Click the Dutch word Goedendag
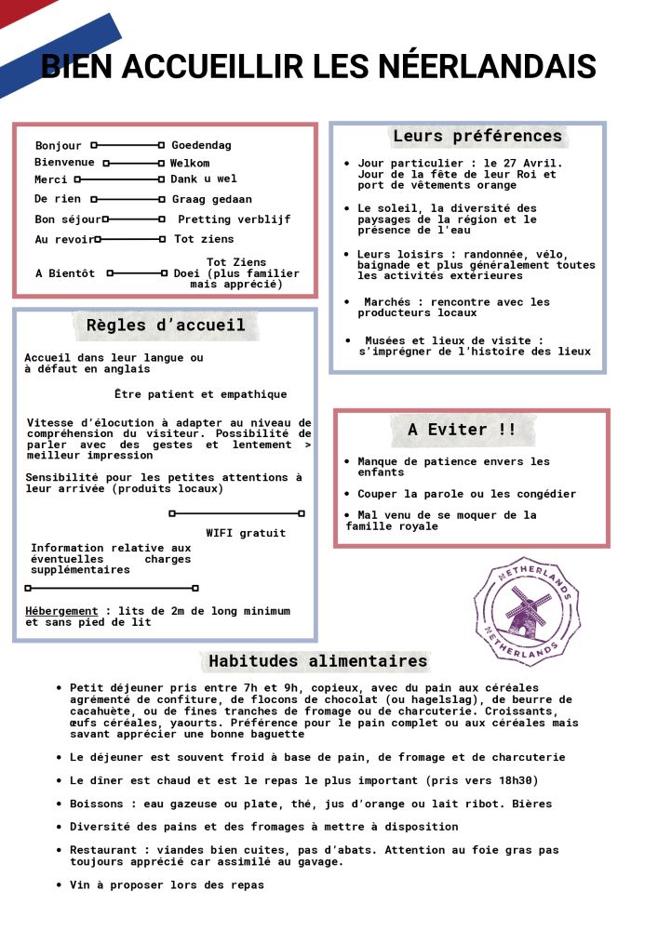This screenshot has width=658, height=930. point(201,145)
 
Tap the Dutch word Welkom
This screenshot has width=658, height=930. point(190,163)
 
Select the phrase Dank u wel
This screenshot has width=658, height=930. point(203,179)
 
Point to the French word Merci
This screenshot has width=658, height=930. point(50,179)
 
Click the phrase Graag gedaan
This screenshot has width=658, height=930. point(211,199)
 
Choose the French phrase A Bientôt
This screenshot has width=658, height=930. point(65,273)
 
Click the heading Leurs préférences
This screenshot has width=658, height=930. point(477,137)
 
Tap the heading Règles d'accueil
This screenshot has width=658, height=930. point(166,325)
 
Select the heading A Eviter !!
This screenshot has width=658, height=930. point(462,430)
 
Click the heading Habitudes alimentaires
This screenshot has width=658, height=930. point(318,661)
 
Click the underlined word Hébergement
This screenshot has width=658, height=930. point(61,611)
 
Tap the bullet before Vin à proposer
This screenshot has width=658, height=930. point(60,885)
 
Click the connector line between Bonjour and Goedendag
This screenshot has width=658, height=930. point(128,145)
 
